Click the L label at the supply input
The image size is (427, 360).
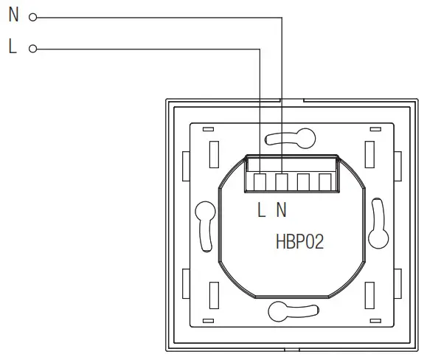coord(13,48)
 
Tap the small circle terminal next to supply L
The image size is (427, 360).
coord(32,49)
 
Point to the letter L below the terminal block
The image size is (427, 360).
coord(261,210)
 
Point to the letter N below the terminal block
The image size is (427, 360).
coord(281,210)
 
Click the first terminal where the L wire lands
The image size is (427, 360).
coord(260,181)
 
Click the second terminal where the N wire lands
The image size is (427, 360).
coord(282,181)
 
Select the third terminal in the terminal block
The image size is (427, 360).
coord(303,181)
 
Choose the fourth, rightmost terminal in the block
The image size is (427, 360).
coord(324,181)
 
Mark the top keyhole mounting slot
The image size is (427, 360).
coord(292,136)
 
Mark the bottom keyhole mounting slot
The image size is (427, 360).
coord(292,310)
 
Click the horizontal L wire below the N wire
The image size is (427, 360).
coord(147,49)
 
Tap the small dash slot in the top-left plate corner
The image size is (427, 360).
coord(209,129)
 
